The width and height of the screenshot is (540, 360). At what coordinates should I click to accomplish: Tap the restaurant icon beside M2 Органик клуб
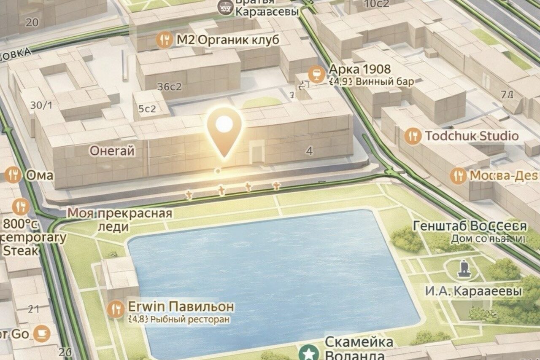click(x=165, y=40)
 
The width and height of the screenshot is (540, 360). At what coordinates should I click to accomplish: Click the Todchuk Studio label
click(x=472, y=136)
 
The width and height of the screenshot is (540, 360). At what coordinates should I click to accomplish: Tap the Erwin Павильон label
click(x=181, y=306)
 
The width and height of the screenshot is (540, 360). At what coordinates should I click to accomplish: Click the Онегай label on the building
click(x=112, y=150)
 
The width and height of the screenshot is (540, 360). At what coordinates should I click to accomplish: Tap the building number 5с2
click(x=147, y=109)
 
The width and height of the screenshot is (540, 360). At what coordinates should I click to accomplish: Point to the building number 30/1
click(x=41, y=105)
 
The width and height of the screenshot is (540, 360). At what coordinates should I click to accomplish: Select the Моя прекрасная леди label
click(x=120, y=220)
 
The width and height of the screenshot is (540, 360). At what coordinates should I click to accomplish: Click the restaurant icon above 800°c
click(x=20, y=207)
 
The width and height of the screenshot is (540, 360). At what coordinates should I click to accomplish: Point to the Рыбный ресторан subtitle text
click(x=190, y=319)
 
